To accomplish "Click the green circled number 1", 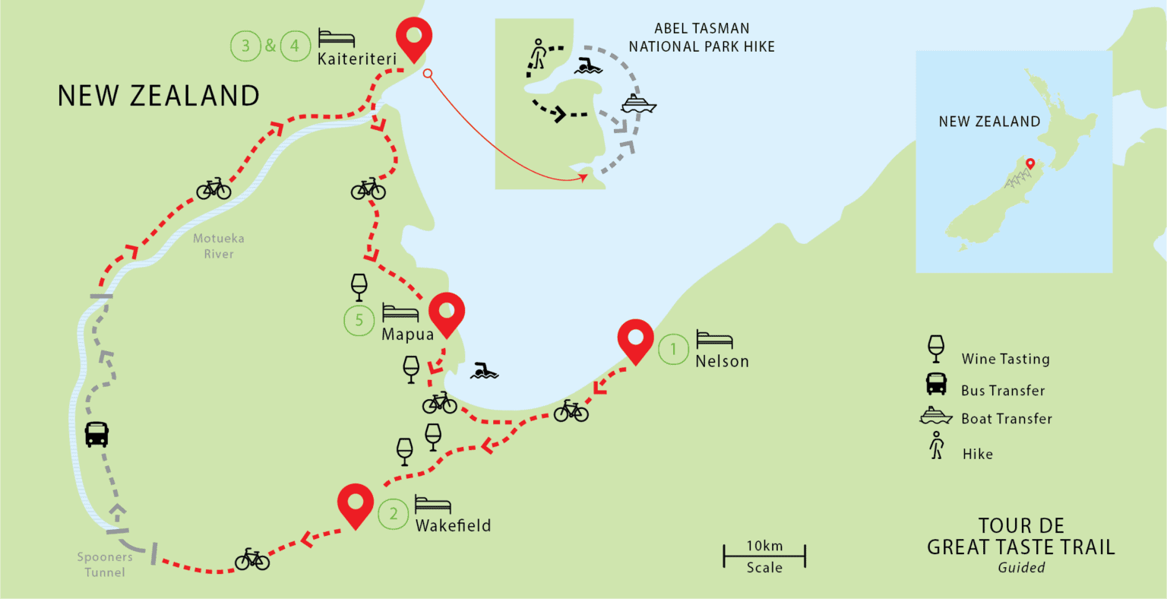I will [x=672, y=350].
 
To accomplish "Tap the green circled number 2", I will [x=393, y=514].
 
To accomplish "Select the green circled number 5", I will [x=359, y=320].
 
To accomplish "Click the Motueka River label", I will [x=218, y=246].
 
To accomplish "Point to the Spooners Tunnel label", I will [x=105, y=564].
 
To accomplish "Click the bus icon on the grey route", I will [x=96, y=434].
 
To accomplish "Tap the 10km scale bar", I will [x=764, y=556].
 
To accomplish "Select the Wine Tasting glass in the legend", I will [x=936, y=349].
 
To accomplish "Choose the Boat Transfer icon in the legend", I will [x=935, y=416].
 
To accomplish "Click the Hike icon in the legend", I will [x=936, y=445].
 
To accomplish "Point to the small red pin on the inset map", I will [x=1029, y=163].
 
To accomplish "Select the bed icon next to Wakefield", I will [x=433, y=504].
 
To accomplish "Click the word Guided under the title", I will [x=1021, y=567].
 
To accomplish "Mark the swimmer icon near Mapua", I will [x=484, y=371].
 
